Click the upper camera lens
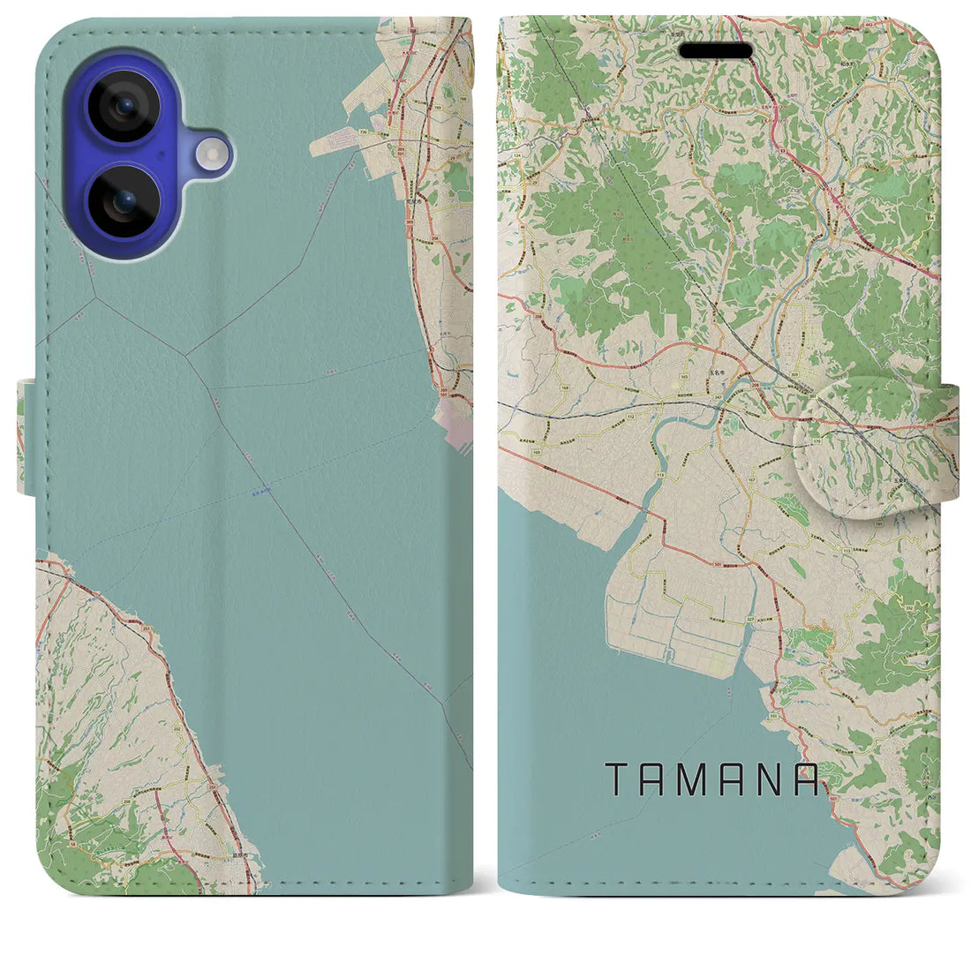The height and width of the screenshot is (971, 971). coord(124,105)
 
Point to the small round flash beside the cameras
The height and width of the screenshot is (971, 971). coord(214,156)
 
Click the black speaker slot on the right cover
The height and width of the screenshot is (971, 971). coord(715,52)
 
